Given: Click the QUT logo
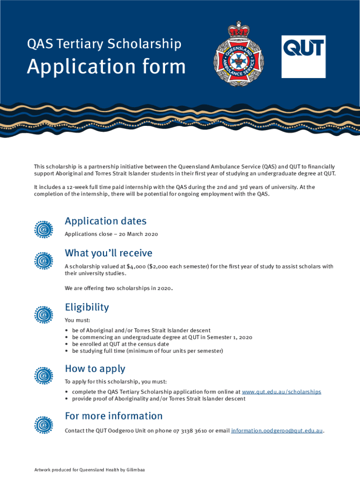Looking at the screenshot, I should pos(303,57).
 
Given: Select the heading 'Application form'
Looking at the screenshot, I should pos(106,67).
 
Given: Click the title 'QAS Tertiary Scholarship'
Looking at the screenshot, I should pos(104,44).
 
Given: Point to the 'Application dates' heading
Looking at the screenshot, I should pos(105,221).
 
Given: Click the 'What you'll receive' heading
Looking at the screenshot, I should pos(108,253).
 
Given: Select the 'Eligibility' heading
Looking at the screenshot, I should pos(86,307).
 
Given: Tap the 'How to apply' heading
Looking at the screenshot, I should pos(95,369).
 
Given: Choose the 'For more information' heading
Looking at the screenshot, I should pos(114,416).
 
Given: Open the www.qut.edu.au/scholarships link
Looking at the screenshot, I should pos(281,392).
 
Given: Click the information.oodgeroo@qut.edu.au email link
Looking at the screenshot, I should pos(277,430).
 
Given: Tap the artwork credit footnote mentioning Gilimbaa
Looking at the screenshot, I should pos(89,469).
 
